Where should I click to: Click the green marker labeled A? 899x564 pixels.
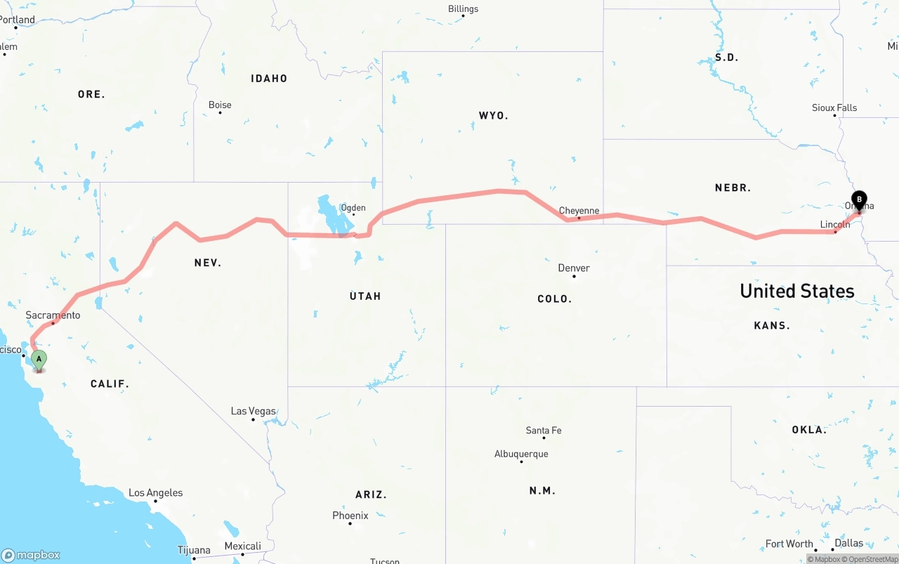pyautogui.click(x=39, y=360)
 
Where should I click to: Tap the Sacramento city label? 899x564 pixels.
pyautogui.click(x=53, y=315)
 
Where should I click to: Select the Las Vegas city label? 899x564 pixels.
pyautogui.click(x=253, y=411)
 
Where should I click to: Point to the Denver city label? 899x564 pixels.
pyautogui.click(x=574, y=268)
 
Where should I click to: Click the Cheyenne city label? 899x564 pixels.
pyautogui.click(x=579, y=211)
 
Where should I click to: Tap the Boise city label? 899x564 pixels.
pyautogui.click(x=220, y=105)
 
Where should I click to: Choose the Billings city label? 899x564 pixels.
pyautogui.click(x=463, y=9)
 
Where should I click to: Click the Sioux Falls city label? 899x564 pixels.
pyautogui.click(x=834, y=107)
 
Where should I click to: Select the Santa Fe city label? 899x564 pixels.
pyautogui.click(x=544, y=430)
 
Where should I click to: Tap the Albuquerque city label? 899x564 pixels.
pyautogui.click(x=521, y=454)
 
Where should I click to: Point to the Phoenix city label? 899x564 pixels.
pyautogui.click(x=350, y=516)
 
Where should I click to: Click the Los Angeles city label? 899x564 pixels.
pyautogui.click(x=155, y=493)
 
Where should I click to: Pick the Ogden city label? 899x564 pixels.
pyautogui.click(x=353, y=208)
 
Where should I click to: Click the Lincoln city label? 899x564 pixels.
pyautogui.click(x=835, y=225)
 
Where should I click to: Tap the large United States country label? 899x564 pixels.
pyautogui.click(x=796, y=291)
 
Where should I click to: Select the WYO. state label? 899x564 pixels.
pyautogui.click(x=493, y=115)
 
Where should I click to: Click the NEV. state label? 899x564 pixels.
pyautogui.click(x=208, y=263)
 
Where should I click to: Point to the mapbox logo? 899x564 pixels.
pyautogui.click(x=31, y=555)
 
